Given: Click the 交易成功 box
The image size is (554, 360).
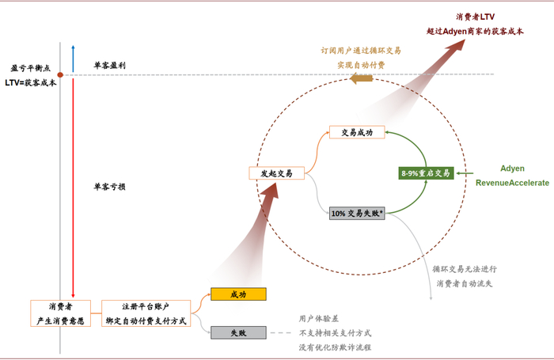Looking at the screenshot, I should pos(356,132).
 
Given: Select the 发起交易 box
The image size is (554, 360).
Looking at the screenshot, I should pos(276,173).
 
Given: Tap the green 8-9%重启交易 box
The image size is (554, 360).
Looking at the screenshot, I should pos(426,172).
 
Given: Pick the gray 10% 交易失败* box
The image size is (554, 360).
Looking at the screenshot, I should pos(357,214).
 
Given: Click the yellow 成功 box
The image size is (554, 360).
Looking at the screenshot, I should pos(238,294).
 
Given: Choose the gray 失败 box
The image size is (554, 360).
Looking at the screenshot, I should pos(238,333).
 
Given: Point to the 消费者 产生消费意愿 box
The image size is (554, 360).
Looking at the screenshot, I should pos(62,313).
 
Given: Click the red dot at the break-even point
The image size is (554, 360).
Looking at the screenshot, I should pos(60,75).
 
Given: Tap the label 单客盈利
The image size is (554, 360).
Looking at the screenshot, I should pos(109,65).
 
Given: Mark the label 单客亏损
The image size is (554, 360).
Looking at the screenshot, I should pos(109,187).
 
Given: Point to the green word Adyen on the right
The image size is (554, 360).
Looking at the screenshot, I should pos(512,169).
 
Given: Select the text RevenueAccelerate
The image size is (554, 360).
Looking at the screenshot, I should pos(512,183).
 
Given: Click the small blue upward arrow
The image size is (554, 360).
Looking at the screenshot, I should pos(73,57).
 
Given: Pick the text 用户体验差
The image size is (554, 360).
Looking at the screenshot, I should pos(317,318).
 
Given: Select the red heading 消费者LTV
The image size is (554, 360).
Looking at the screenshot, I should pos(476,17).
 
